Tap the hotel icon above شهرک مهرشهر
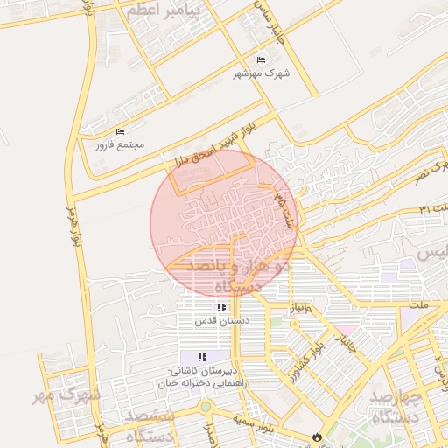261,59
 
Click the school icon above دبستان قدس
221,308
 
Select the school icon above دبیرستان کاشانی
202,357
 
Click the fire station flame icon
316,437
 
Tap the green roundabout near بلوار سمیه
206,407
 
